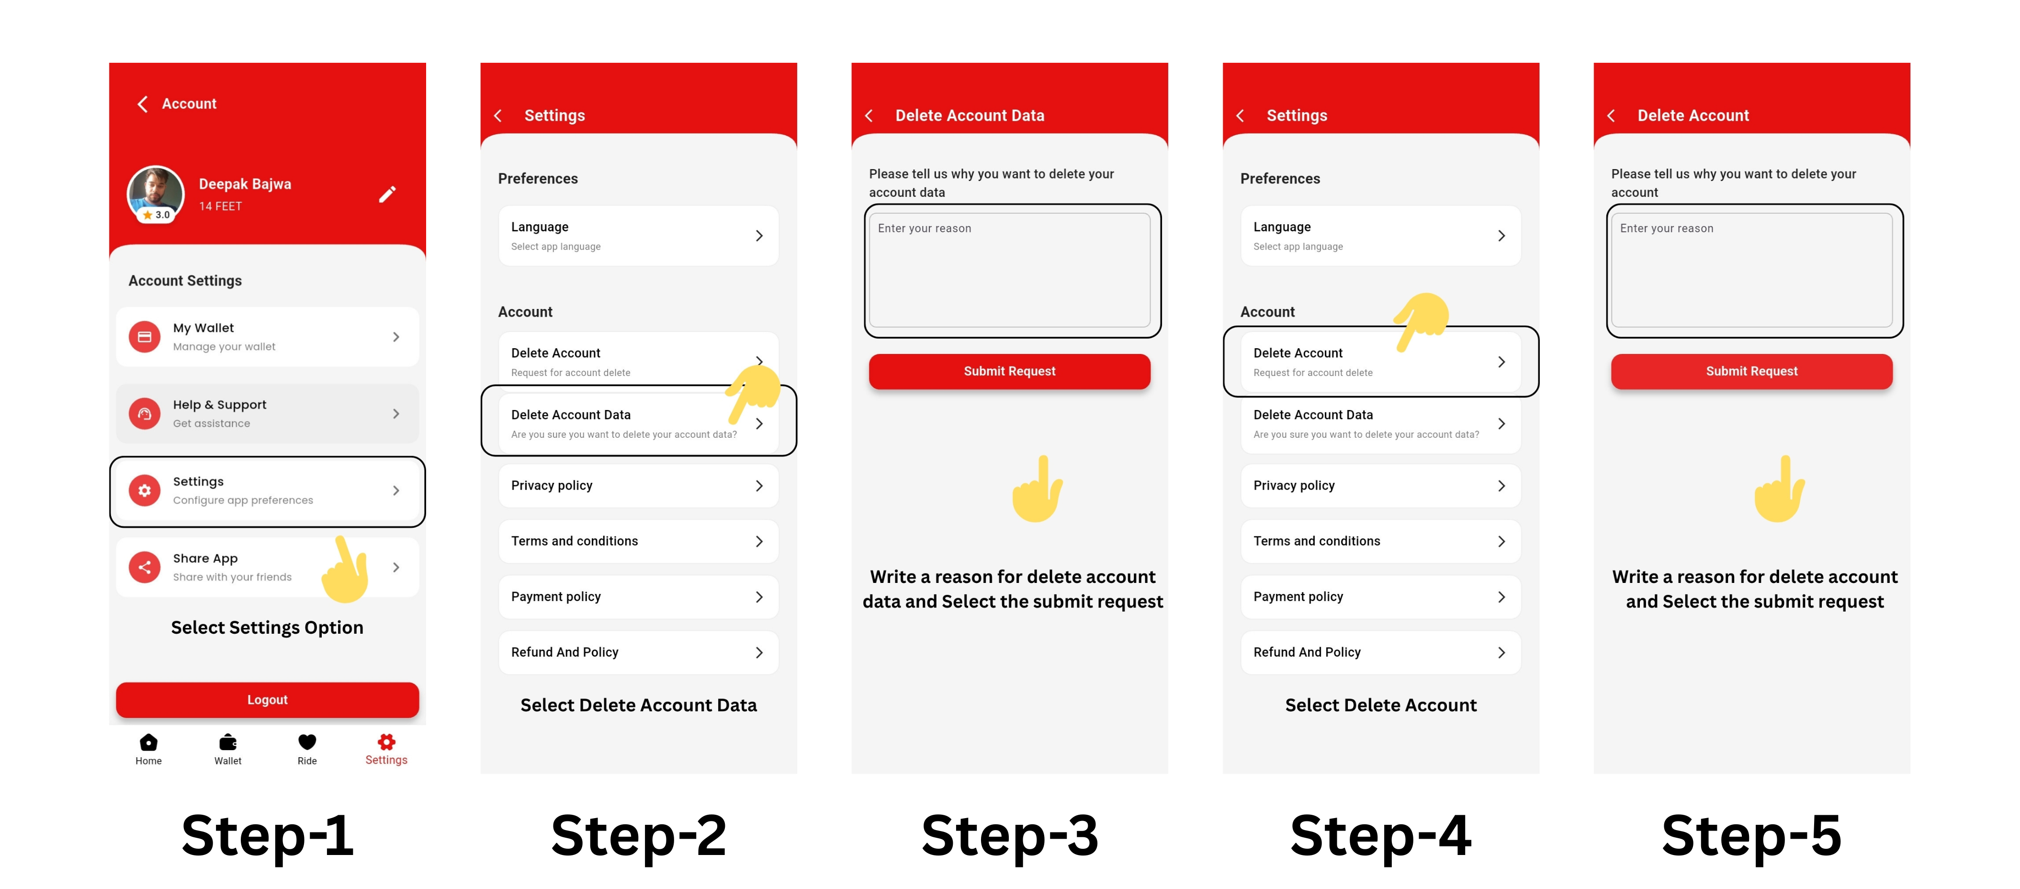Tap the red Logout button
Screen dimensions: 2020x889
(267, 699)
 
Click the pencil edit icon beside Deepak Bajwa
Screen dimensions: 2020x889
(387, 194)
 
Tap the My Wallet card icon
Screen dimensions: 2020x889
(144, 337)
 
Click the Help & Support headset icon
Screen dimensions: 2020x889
(144, 413)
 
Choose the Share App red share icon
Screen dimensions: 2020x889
(144, 567)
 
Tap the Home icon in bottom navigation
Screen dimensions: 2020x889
(148, 742)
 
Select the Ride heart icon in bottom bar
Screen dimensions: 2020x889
(307, 742)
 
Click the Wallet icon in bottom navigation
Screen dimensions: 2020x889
(228, 742)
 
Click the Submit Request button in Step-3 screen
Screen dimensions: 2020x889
(1009, 371)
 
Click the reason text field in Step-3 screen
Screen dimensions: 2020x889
(1009, 270)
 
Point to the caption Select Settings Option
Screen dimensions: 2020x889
(267, 628)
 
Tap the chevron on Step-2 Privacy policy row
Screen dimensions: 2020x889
(759, 486)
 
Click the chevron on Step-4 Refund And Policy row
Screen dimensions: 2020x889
(1501, 653)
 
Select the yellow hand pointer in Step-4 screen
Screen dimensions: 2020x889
(1421, 322)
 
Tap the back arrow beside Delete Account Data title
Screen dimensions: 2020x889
(869, 116)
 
